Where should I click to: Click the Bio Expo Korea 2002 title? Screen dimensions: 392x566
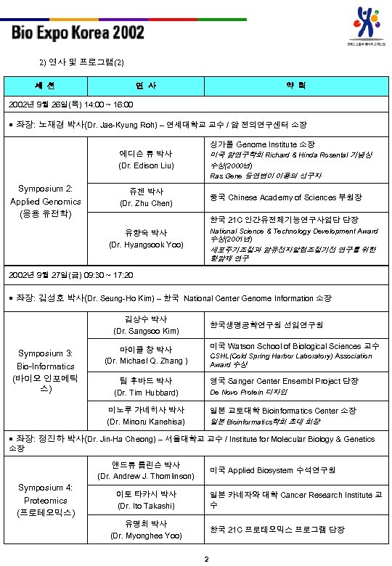pyautogui.click(x=78, y=33)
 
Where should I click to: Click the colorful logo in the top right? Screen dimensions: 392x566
pyautogui.click(x=369, y=25)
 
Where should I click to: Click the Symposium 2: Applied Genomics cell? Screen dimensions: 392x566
pyautogui.click(x=45, y=202)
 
